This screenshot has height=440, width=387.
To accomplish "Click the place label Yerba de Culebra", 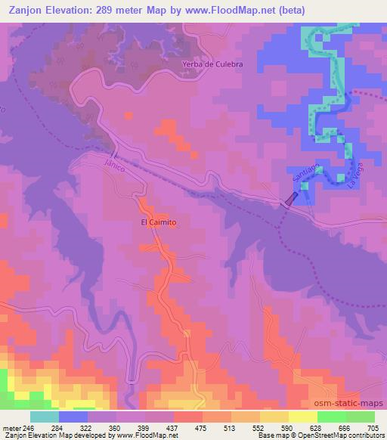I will point(212,65).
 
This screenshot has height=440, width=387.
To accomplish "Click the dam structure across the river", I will point(290,199).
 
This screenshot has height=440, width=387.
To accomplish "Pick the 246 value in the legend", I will point(29,428).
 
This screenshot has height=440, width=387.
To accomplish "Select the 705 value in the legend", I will point(374,428).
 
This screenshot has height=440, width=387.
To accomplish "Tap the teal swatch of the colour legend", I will point(44,417).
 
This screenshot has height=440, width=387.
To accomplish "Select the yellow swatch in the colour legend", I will point(302,417).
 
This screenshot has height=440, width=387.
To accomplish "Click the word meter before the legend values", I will point(11,428).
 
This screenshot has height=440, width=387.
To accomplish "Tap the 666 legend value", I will point(345,428).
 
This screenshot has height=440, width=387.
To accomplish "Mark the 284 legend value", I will point(58,428).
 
